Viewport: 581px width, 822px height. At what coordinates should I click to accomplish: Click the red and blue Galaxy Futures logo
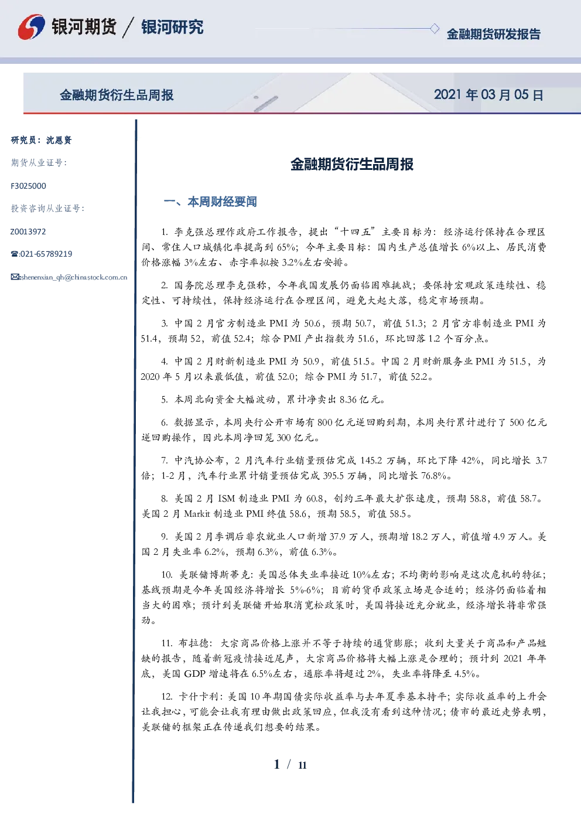(31, 27)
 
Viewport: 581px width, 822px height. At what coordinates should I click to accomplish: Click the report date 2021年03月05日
(488, 95)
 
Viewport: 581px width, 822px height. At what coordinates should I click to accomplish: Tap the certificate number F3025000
(28, 186)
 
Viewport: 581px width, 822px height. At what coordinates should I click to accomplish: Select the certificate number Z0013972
(28, 231)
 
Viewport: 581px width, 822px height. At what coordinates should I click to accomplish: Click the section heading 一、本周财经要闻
(210, 202)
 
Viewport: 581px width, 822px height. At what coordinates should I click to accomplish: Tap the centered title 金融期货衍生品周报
(352, 164)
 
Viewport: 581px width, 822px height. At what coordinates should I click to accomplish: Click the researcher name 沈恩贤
(59, 140)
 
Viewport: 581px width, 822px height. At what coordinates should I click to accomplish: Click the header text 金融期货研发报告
(493, 34)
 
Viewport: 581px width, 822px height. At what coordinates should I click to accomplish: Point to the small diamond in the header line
(434, 28)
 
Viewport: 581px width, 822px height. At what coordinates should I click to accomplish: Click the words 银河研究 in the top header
(172, 27)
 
